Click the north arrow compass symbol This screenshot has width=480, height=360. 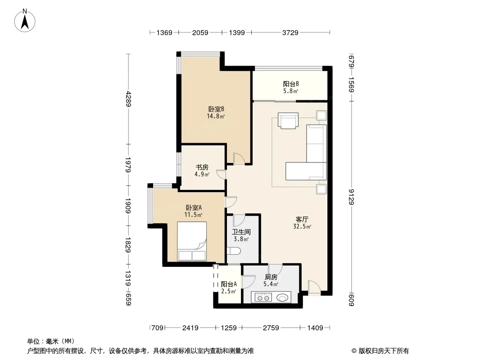tap(25, 21)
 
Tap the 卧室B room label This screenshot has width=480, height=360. tap(217, 109)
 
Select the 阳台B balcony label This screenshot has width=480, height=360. tap(291, 84)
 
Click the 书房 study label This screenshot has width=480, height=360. tap(202, 167)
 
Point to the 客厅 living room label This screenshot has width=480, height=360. tap(302, 219)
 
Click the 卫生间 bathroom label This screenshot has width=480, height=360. tap(241, 232)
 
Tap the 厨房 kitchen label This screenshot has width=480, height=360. tap(271, 277)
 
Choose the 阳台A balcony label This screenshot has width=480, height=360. tap(229, 284)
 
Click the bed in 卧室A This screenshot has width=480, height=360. tap(192, 241)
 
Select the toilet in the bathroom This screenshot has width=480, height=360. tap(234, 251)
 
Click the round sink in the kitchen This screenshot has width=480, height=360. tap(282, 297)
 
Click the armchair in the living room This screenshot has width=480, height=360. tap(288, 120)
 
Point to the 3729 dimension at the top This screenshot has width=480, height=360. tap(290, 33)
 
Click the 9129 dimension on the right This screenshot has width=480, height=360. tap(351, 197)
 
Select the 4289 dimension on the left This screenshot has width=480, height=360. tap(128, 99)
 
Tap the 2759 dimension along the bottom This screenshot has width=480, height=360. tap(271, 328)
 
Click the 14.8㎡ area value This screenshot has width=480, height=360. tap(216, 116)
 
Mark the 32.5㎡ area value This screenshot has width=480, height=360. tap(302, 227)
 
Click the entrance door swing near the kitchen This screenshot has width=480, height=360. tap(314, 288)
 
